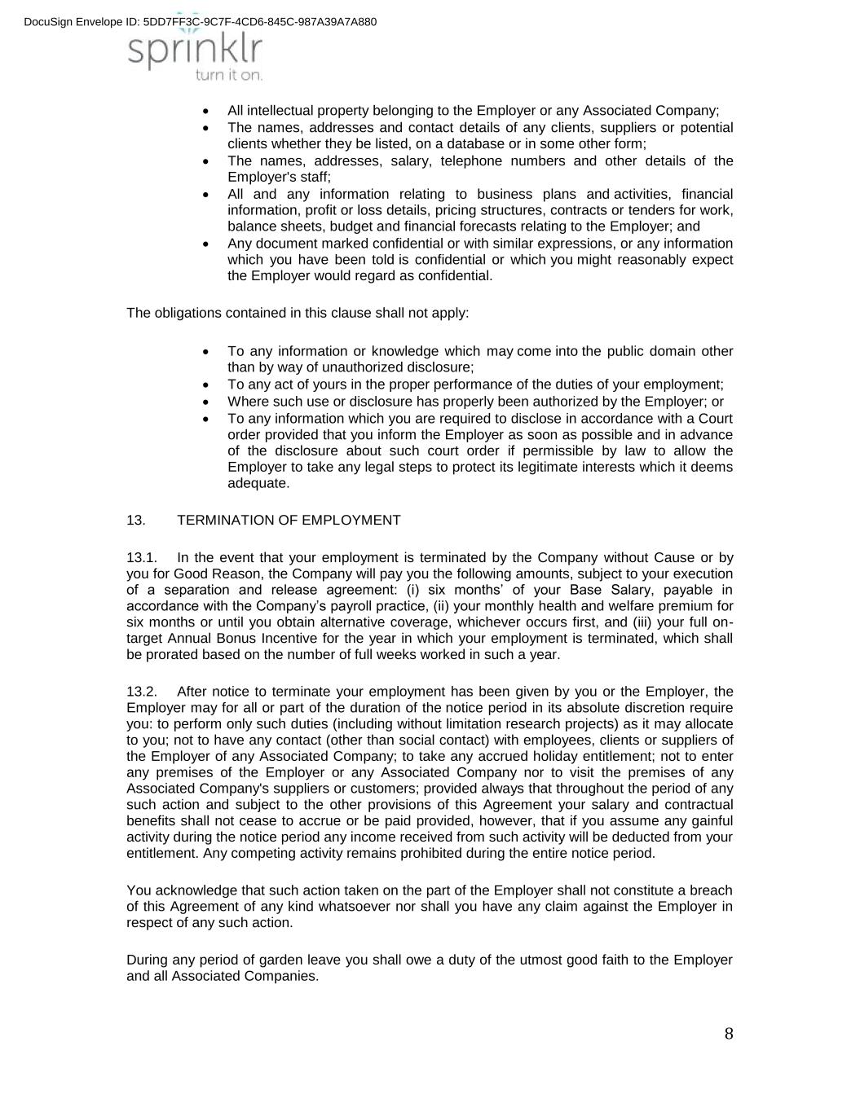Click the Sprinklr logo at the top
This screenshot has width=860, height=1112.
coord(195,51)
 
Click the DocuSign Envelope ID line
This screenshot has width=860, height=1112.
coord(201,21)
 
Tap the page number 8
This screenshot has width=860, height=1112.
coord(728,1034)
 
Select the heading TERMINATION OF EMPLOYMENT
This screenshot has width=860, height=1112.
coord(289,520)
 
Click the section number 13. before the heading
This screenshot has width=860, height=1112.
coord(136,520)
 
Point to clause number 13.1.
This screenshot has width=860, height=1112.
coord(141,558)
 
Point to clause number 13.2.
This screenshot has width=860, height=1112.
coord(141,692)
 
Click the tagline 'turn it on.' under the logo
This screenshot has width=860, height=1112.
coord(229,75)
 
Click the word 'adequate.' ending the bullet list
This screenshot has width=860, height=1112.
coord(258,483)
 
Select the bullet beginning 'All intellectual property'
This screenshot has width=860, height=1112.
coord(473,111)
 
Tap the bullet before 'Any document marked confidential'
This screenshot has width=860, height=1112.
coord(208,244)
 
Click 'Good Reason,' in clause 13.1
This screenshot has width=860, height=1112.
coord(197,574)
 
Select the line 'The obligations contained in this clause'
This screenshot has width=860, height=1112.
coord(298,313)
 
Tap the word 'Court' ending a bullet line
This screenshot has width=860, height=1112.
coord(715,419)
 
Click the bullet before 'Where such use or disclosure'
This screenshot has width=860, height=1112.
coord(208,402)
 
